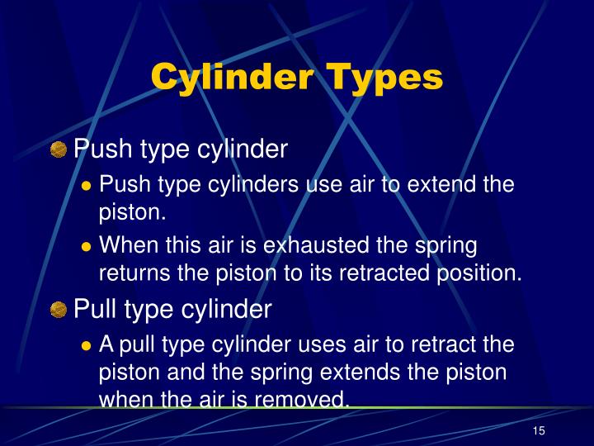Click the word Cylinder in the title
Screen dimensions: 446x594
232,77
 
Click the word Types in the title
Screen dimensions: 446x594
385,77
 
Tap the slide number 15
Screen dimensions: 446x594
540,431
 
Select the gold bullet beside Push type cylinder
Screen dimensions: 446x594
58,150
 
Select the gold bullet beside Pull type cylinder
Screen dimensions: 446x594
58,310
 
